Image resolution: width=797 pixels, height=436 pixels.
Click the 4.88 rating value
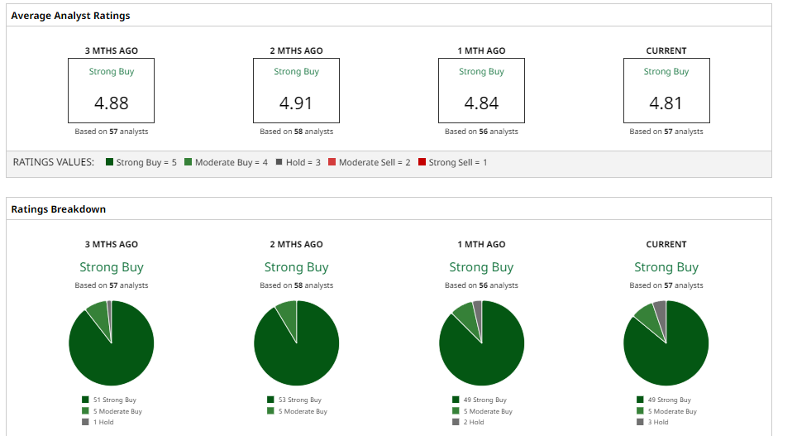tap(111, 104)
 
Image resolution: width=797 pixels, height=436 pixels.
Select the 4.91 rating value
tap(296, 104)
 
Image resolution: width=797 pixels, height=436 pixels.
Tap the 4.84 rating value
tap(481, 104)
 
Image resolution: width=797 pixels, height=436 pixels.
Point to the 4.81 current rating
tap(666, 104)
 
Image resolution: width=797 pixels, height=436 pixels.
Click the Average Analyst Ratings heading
tap(70, 16)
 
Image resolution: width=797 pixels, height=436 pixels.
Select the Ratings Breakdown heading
tap(58, 209)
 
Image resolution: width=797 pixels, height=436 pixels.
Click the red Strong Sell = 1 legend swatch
tap(422, 162)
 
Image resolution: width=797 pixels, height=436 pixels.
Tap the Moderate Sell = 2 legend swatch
tap(332, 162)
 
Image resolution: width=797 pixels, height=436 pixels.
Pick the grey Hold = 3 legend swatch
tap(279, 162)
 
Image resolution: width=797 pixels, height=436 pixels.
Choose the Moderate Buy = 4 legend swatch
tap(189, 162)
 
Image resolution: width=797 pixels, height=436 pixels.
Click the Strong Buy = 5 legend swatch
tap(110, 162)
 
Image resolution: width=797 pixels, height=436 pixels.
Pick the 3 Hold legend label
tap(659, 422)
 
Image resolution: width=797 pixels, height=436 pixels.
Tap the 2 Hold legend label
tap(474, 422)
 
